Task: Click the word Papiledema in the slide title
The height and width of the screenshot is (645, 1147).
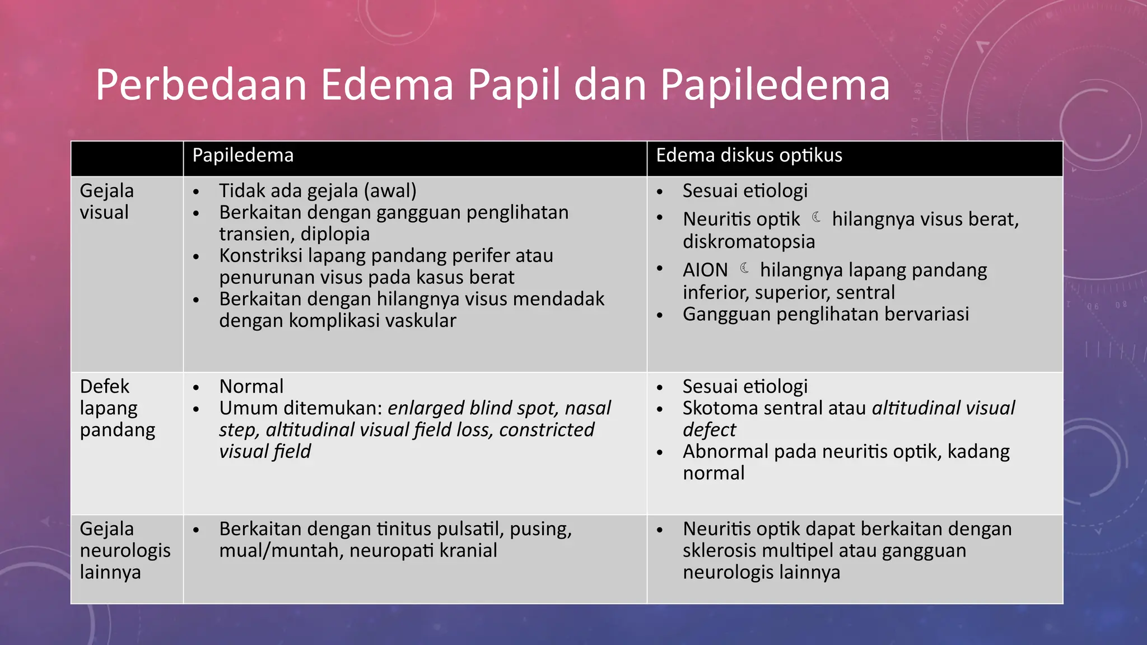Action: pyautogui.click(x=775, y=85)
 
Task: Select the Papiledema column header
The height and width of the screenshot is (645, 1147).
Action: pyautogui.click(x=243, y=155)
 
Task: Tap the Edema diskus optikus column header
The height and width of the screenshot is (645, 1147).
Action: pyautogui.click(x=749, y=155)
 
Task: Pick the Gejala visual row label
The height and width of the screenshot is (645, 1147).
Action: pyautogui.click(x=107, y=202)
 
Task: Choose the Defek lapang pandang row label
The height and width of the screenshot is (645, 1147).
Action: pyautogui.click(x=117, y=408)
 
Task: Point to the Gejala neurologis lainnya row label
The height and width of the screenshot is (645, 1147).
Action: pyautogui.click(x=125, y=550)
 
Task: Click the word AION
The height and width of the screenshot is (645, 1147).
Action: pyautogui.click(x=705, y=270)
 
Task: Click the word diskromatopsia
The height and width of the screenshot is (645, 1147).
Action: pyautogui.click(x=749, y=241)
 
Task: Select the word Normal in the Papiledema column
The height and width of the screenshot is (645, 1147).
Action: pyautogui.click(x=251, y=386)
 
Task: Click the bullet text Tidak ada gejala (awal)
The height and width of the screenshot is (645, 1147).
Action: pyautogui.click(x=318, y=191)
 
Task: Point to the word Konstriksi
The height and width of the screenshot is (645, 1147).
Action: pyautogui.click(x=261, y=256)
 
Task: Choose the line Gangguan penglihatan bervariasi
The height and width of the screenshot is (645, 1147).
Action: pyautogui.click(x=826, y=314)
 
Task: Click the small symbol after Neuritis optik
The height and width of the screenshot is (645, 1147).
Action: pyautogui.click(x=817, y=217)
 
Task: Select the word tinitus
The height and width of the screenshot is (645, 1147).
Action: pyautogui.click(x=403, y=529)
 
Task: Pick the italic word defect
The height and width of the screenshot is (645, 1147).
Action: pyautogui.click(x=709, y=430)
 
